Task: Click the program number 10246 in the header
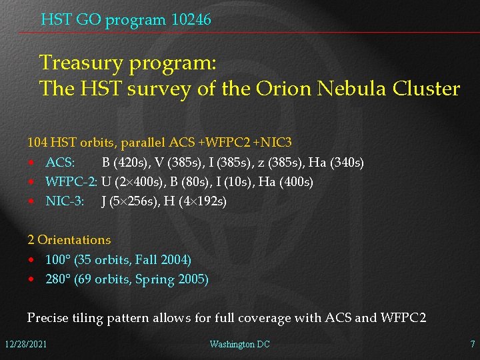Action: [x=191, y=20]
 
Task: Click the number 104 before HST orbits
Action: [x=37, y=143]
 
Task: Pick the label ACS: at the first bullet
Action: [x=60, y=162]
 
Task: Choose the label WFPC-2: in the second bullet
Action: [x=71, y=181]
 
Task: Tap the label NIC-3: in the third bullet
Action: [x=65, y=201]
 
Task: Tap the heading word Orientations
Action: [x=74, y=239]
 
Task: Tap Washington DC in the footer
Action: [x=239, y=344]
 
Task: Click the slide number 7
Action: [x=472, y=344]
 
